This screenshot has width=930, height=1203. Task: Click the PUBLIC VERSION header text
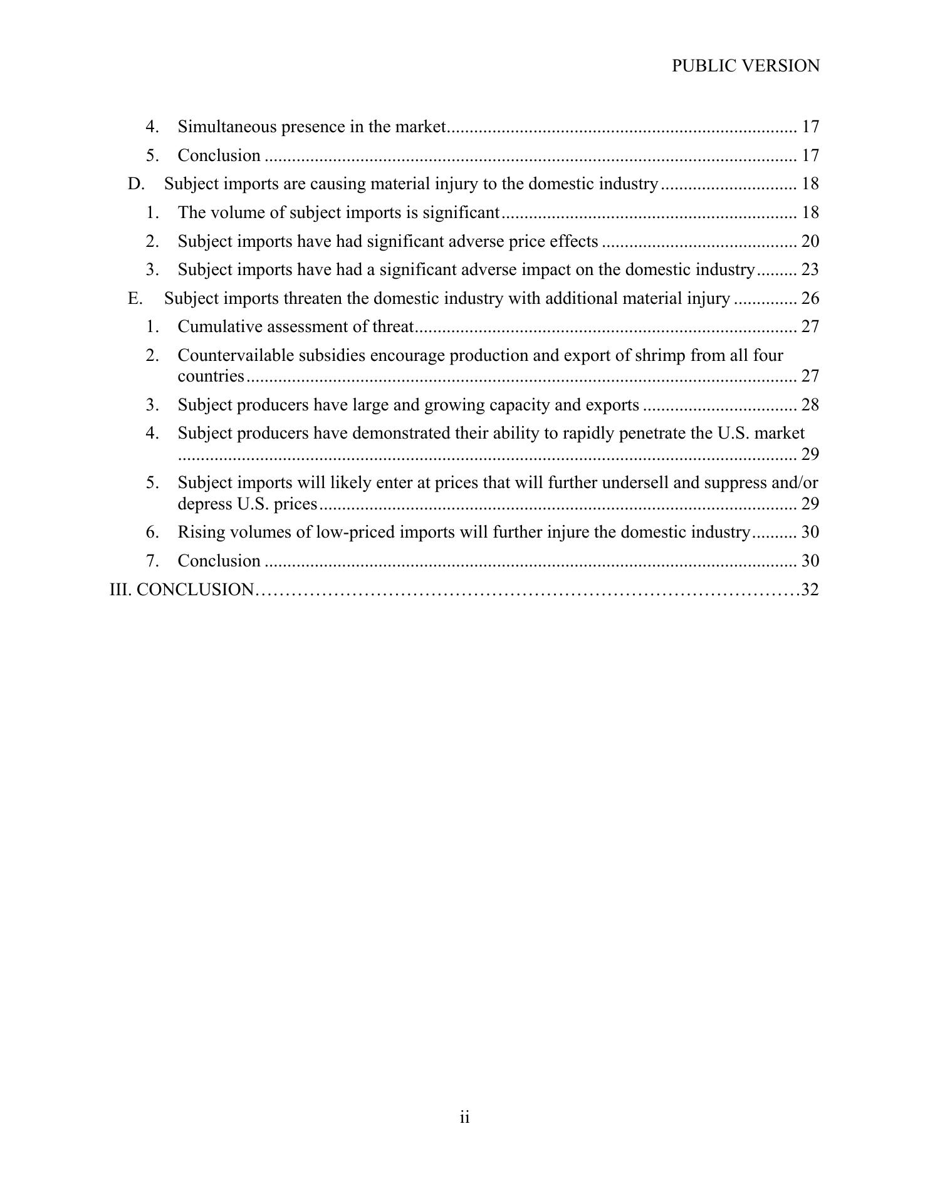745,66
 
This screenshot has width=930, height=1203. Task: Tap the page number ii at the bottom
464,1117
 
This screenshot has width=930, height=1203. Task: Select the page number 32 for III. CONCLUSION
810,590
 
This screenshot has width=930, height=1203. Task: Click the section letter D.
135,184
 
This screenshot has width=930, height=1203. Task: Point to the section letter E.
135,298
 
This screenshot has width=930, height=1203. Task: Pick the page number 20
810,241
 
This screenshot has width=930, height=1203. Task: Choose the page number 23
810,269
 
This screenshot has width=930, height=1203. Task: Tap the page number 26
810,298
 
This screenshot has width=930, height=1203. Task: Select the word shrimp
660,355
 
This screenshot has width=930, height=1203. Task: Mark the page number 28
810,405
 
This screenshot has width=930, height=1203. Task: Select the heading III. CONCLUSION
182,590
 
